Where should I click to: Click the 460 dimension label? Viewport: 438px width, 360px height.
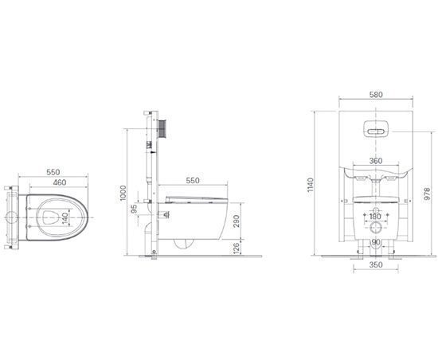(60, 182)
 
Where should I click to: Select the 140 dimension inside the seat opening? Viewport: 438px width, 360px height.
(65, 218)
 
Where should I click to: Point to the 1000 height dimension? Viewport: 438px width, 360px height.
(123, 193)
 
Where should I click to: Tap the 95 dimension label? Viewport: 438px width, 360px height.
(135, 209)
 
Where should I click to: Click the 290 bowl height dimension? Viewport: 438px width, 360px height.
(237, 221)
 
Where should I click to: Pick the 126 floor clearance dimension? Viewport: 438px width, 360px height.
(237, 248)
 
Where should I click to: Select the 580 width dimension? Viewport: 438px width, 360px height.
(376, 95)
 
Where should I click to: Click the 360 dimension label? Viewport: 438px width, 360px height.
(376, 161)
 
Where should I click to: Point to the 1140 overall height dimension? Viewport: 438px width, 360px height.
(311, 185)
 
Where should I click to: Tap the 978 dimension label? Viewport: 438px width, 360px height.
(427, 194)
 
